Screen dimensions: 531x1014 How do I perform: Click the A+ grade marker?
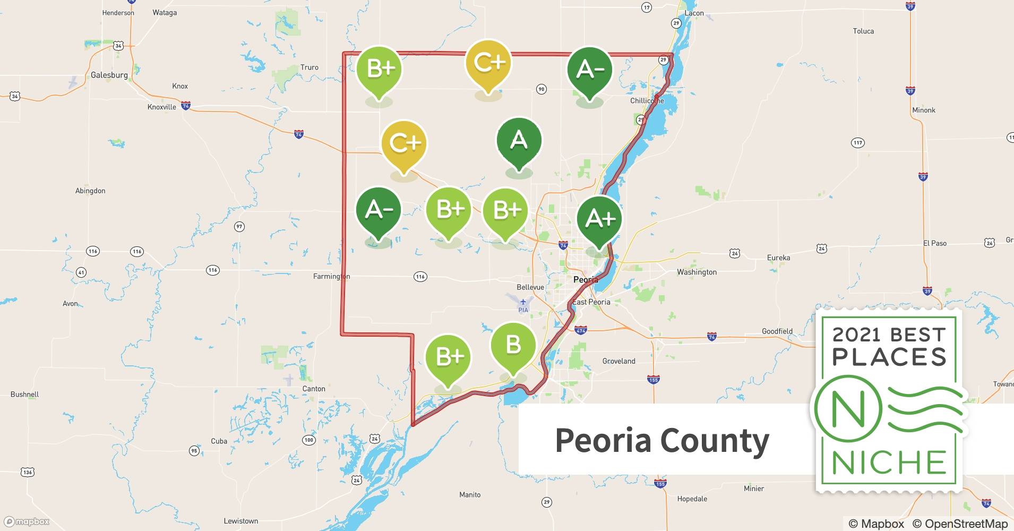(x=600, y=219)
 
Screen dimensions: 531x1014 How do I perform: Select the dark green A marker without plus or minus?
(x=519, y=141)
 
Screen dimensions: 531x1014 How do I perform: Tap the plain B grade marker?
(x=513, y=346)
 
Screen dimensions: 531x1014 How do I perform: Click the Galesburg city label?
(x=109, y=75)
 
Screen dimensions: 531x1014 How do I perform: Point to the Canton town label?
(x=314, y=389)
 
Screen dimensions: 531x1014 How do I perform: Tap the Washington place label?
(x=697, y=272)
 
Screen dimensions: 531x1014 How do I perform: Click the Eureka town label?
(x=778, y=258)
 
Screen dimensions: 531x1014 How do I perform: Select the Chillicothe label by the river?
(x=647, y=100)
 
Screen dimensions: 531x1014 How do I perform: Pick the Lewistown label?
(x=241, y=521)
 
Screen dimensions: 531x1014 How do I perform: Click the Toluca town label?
(x=863, y=31)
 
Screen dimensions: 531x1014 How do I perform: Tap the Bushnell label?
(x=25, y=394)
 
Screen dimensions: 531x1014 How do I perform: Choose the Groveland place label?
(x=618, y=361)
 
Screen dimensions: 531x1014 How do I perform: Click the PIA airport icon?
(x=523, y=303)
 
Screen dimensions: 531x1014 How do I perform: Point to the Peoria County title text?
(x=662, y=440)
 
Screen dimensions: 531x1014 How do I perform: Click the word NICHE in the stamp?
(x=889, y=463)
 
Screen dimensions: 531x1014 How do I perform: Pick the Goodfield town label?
(x=777, y=331)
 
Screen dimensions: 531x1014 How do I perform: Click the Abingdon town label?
(x=90, y=191)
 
